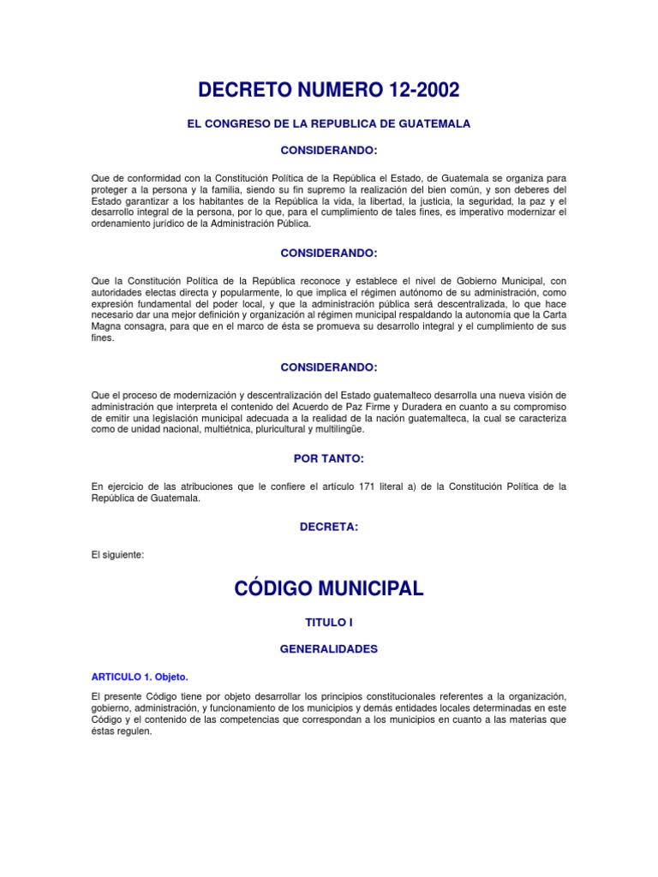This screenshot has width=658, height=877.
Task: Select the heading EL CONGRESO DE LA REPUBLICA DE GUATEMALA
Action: pos(329,124)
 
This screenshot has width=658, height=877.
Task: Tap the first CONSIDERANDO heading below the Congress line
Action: pos(329,151)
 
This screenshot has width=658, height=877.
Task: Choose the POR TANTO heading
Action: pos(329,460)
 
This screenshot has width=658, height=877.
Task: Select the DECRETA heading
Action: pos(329,528)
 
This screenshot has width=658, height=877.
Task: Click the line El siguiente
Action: pos(118,554)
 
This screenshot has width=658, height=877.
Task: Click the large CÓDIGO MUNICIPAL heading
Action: pos(329,589)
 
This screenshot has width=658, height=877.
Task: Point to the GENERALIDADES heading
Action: pos(329,650)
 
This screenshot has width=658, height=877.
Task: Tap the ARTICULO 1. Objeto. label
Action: pos(139,677)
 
